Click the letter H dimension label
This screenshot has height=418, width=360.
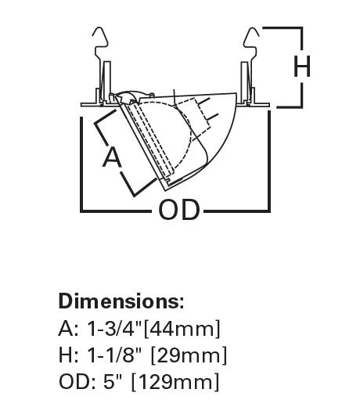pyautogui.click(x=302, y=66)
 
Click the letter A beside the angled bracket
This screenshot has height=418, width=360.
pyautogui.click(x=112, y=158)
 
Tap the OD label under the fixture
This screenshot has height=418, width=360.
pyautogui.click(x=178, y=210)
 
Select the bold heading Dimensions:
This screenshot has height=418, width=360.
pyautogui.click(x=121, y=301)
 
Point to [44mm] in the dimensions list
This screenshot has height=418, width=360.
pyautogui.click(x=182, y=329)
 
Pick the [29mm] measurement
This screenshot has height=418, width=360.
pyautogui.click(x=189, y=355)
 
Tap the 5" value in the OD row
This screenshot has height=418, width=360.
pyautogui.click(x=113, y=382)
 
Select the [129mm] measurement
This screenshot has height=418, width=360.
pyautogui.click(x=175, y=382)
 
